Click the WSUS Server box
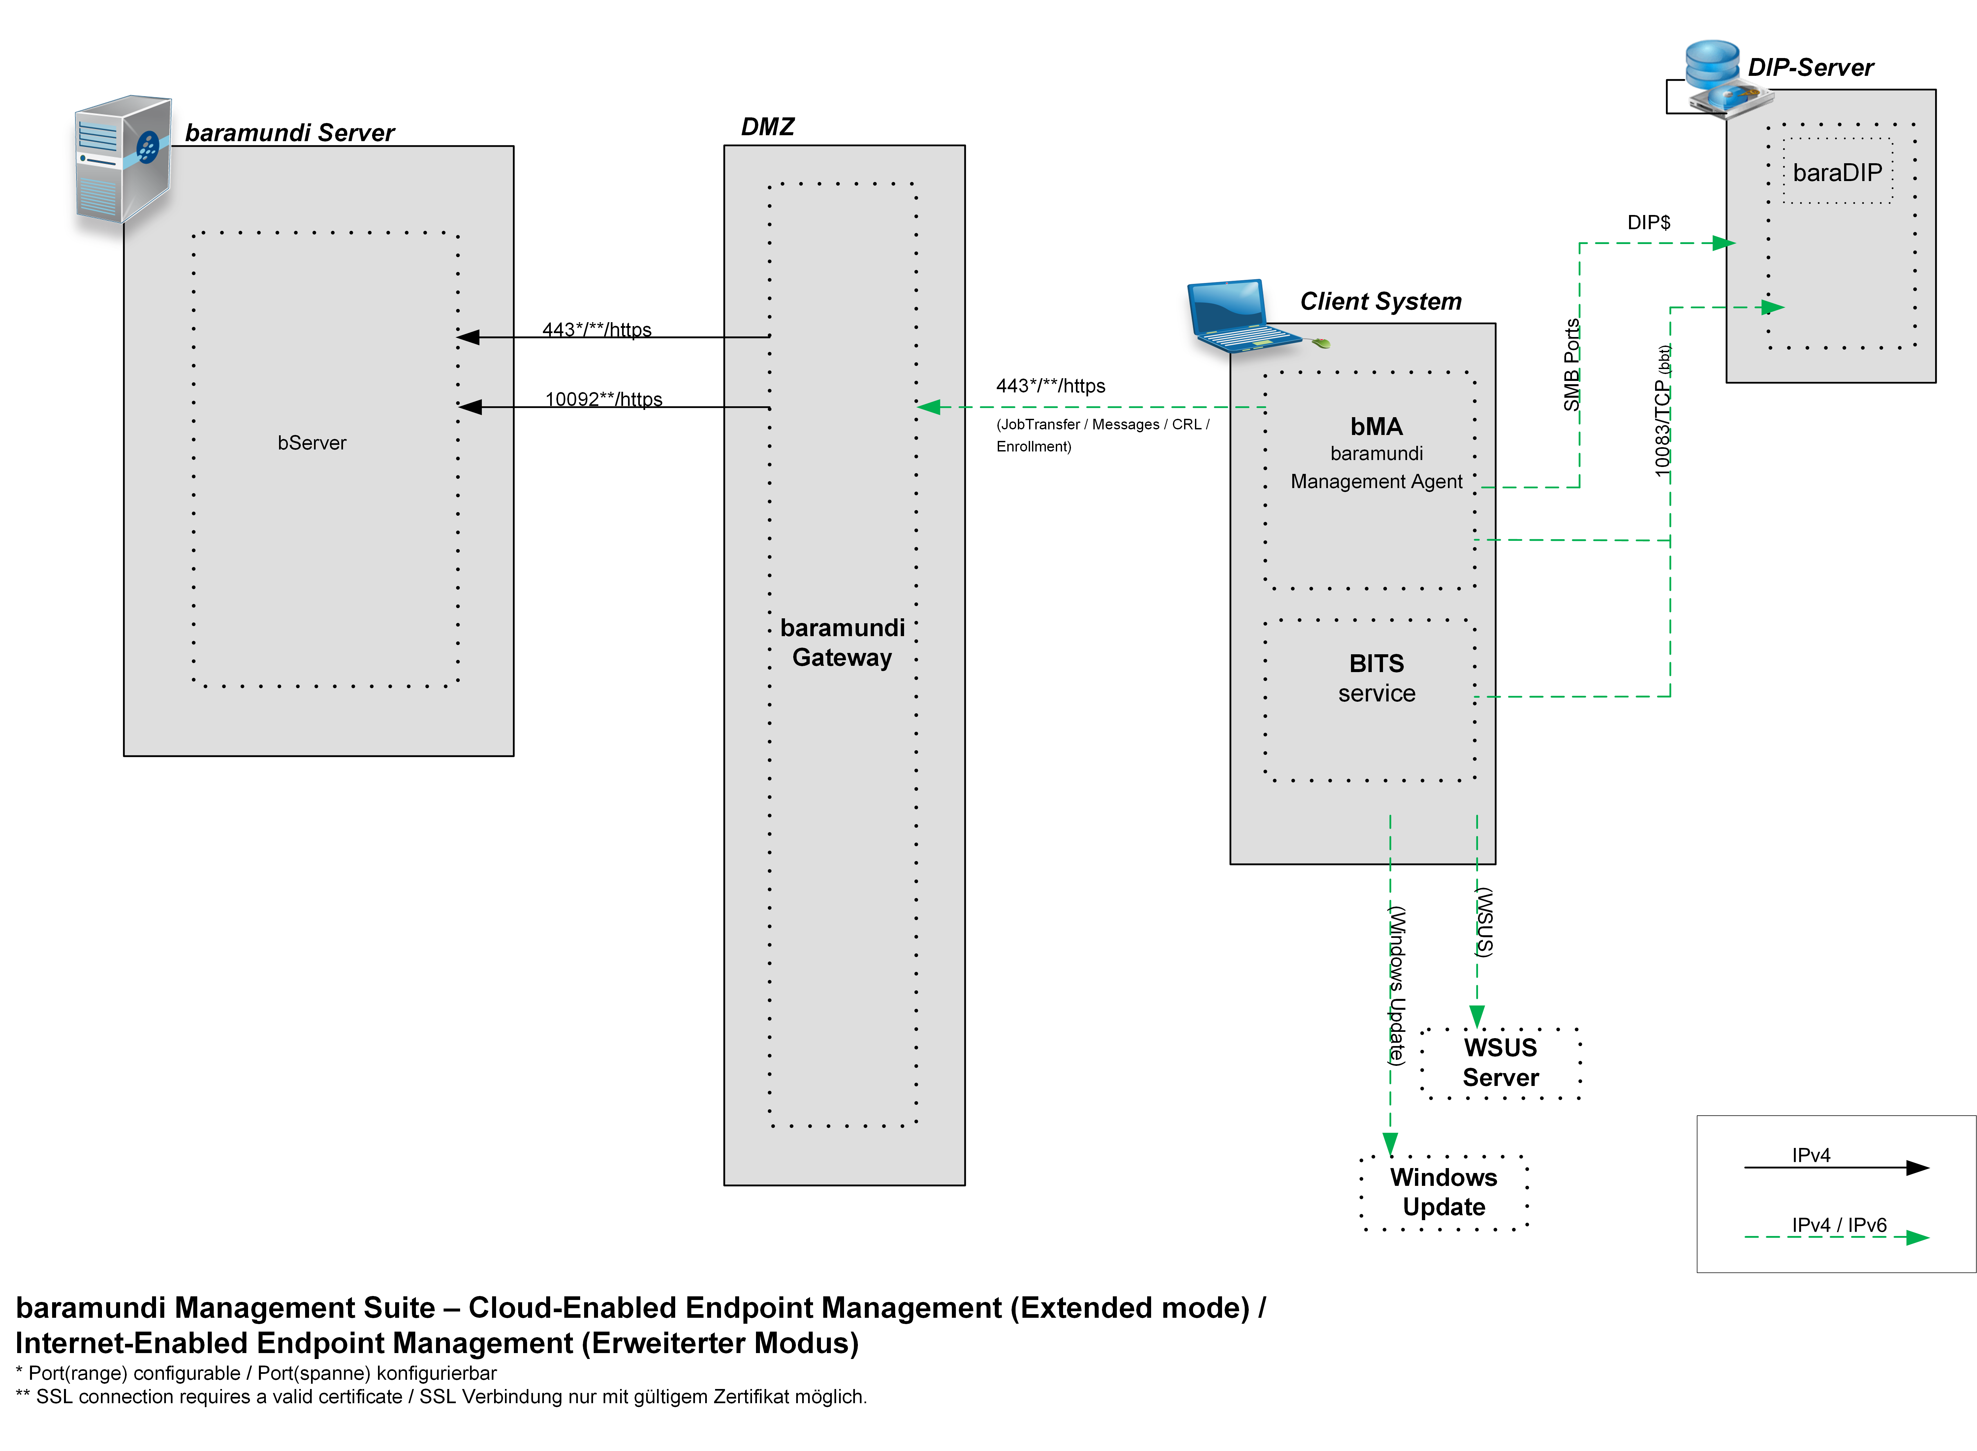click(x=1500, y=1063)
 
